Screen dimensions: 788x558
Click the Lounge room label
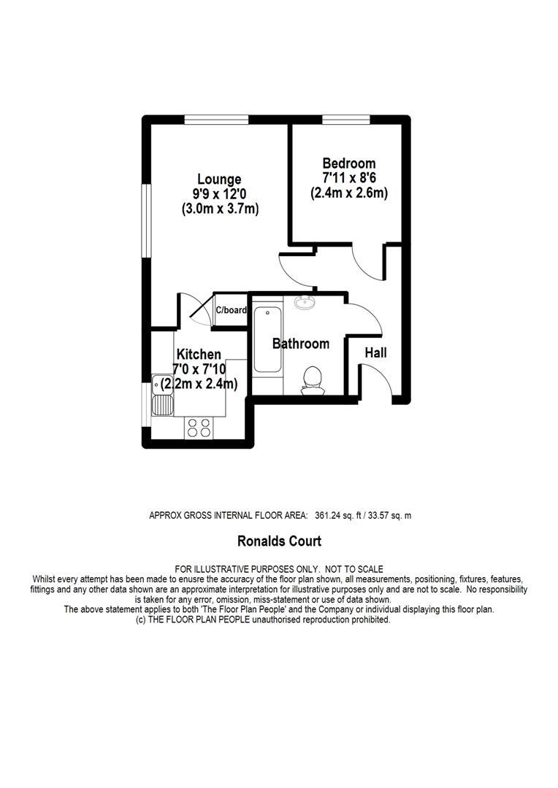click(219, 179)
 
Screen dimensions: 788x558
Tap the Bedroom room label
click(348, 163)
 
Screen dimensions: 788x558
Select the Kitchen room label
click(196, 355)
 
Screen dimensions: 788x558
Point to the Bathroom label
click(300, 344)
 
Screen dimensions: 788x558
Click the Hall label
click(375, 353)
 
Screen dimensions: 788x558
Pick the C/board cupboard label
click(231, 310)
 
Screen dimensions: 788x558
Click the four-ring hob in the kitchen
click(198, 428)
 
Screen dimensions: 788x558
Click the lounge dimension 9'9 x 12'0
click(220, 194)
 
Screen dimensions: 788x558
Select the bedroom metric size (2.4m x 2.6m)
click(348, 193)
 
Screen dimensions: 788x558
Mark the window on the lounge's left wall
click(146, 220)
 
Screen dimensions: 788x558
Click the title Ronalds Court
click(279, 541)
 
